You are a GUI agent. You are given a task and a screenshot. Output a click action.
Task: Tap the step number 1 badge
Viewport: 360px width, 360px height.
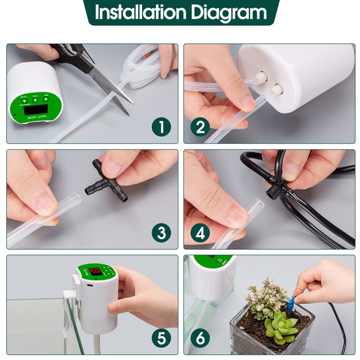(x=161, y=127)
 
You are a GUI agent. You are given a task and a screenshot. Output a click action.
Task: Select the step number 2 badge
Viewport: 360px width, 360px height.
(x=200, y=127)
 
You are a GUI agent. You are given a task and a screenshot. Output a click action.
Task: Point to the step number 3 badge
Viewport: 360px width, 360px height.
(x=161, y=233)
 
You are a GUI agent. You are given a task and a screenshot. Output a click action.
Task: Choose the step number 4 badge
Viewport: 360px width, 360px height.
(x=200, y=233)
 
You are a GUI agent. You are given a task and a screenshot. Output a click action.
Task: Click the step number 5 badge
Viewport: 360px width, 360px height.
(x=161, y=338)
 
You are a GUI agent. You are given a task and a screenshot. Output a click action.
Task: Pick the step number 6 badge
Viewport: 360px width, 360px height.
(x=200, y=338)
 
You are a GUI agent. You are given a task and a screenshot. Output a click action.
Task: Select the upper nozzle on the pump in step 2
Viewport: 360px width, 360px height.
(x=260, y=77)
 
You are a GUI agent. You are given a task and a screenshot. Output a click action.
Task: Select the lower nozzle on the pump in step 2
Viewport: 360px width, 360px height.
(x=274, y=88)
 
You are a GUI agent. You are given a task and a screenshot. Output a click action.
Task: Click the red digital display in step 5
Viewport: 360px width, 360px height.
(x=96, y=272)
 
